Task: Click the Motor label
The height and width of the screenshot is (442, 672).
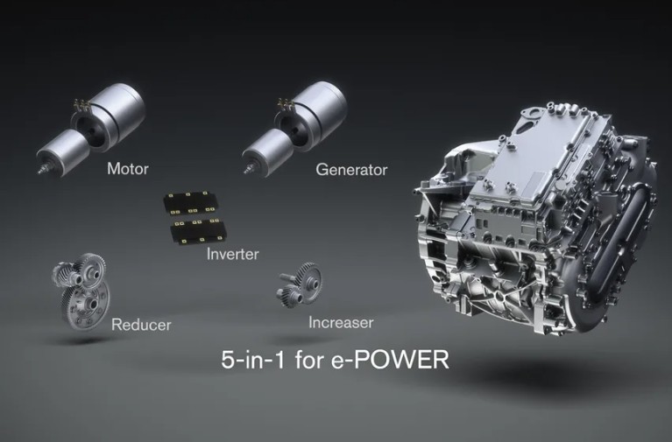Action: pyautogui.click(x=128, y=169)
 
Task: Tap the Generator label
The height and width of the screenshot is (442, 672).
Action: pyautogui.click(x=351, y=170)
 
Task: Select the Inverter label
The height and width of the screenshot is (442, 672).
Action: pyautogui.click(x=233, y=254)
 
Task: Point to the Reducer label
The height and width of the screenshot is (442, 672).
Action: pyautogui.click(x=141, y=325)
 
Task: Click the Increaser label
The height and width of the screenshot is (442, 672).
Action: pyautogui.click(x=341, y=322)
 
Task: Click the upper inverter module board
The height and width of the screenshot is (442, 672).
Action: pyautogui.click(x=189, y=203)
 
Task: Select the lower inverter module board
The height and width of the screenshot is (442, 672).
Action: pyautogui.click(x=198, y=231)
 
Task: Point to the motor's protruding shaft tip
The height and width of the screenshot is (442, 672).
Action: pyautogui.click(x=41, y=170)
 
